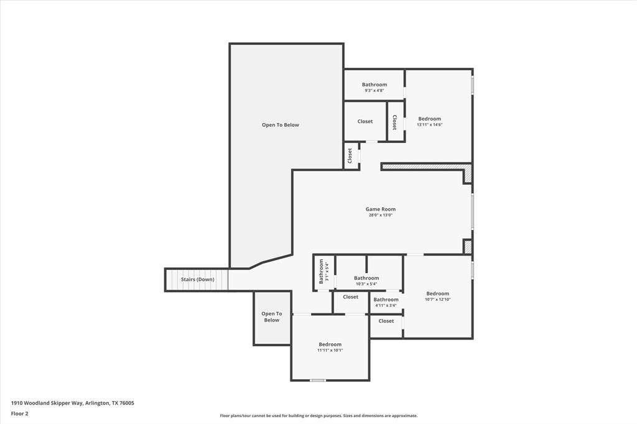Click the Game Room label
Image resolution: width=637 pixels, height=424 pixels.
[380, 209]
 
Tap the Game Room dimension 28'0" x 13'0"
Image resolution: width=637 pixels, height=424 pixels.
[380, 216]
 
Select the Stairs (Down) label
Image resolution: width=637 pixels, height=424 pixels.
[197, 280]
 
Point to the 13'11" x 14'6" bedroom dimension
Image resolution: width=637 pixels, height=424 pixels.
[429, 124]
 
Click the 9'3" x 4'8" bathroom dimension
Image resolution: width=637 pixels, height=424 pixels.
[374, 91]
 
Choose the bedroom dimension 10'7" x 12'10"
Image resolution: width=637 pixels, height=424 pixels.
[437, 300]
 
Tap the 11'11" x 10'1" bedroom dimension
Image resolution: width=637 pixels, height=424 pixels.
[330, 350]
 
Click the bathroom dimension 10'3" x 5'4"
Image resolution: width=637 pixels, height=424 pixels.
[366, 283]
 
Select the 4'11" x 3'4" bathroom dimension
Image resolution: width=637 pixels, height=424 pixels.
[386, 305]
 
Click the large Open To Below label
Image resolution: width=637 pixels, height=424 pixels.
[280, 125]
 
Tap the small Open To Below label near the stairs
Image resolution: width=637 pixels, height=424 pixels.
[271, 317]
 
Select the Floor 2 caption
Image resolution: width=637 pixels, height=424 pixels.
[19, 413]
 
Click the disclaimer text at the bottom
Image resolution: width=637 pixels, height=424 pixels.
[318, 416]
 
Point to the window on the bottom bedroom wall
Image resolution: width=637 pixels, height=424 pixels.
[318, 380]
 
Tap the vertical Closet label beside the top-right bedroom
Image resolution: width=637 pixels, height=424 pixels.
[394, 122]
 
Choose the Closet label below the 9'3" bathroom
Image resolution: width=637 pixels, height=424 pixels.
[365, 121]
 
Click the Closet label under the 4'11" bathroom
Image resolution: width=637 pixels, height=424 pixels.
[386, 321]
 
